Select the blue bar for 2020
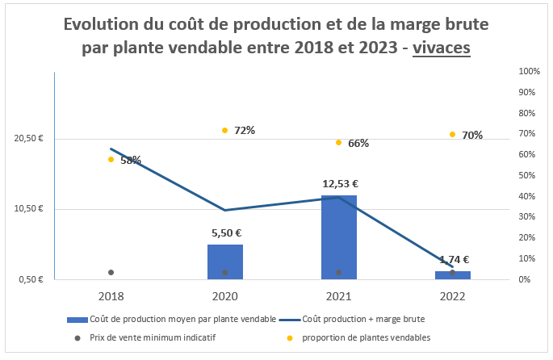pyautogui.click(x=224, y=262)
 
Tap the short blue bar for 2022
pyautogui.click(x=452, y=275)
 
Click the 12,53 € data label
pyautogui.click(x=340, y=184)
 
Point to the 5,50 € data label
pyautogui.click(x=226, y=233)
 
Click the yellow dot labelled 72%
pyautogui.click(x=224, y=130)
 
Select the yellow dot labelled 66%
pyautogui.click(x=338, y=142)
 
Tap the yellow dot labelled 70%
pyautogui.click(x=452, y=134)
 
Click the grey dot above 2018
pyautogui.click(x=111, y=272)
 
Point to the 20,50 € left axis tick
pyautogui.click(x=29, y=139)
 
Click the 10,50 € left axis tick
pyautogui.click(x=29, y=209)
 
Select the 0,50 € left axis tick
pyautogui.click(x=31, y=280)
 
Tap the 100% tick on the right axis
pyautogui.click(x=529, y=72)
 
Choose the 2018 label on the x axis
pyautogui.click(x=111, y=295)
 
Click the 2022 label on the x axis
pyautogui.click(x=452, y=295)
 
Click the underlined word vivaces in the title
pyautogui.click(x=442, y=48)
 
